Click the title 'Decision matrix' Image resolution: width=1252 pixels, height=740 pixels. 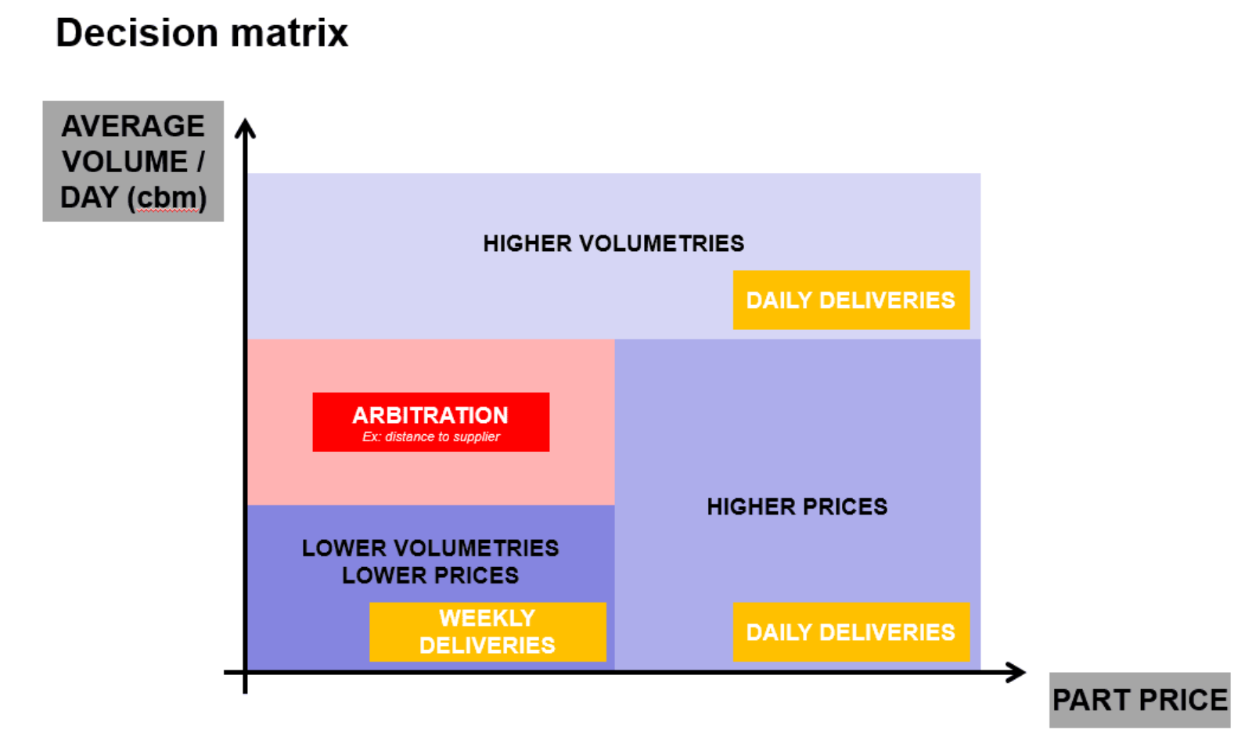[x=202, y=33]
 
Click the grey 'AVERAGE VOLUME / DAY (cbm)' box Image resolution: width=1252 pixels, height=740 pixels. [x=133, y=161]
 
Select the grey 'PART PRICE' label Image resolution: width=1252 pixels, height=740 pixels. [x=1139, y=700]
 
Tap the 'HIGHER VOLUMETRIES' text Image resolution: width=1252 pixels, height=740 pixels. [x=613, y=244]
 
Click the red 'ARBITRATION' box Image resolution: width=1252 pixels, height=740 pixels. [x=431, y=422]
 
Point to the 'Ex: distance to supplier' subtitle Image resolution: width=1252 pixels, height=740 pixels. [x=431, y=436]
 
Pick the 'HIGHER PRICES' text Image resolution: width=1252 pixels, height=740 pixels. [x=797, y=507]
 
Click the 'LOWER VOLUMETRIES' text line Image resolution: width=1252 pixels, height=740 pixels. [x=430, y=548]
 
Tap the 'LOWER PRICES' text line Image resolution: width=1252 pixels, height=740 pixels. [x=430, y=576]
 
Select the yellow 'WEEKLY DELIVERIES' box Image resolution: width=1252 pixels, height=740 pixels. [x=488, y=632]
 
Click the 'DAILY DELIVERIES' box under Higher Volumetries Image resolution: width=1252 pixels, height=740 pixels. [x=851, y=300]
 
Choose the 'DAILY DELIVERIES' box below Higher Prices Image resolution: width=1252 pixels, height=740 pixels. [x=851, y=632]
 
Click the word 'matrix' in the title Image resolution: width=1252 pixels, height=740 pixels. [x=289, y=33]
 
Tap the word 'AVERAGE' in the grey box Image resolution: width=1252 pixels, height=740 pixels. [x=133, y=126]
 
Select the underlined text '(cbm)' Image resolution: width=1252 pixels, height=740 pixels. [x=167, y=198]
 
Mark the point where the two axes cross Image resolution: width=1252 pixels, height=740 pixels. [x=246, y=673]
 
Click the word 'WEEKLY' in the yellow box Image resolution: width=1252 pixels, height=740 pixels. [x=487, y=618]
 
